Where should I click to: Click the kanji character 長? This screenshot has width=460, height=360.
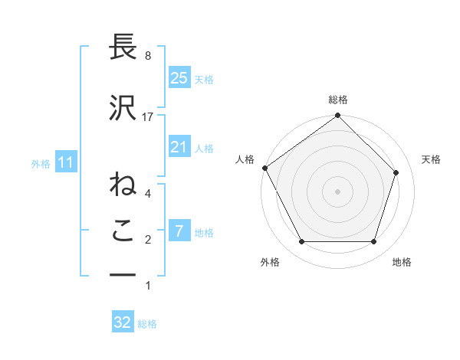tap(123, 47)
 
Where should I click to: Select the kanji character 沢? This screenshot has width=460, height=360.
tap(123, 108)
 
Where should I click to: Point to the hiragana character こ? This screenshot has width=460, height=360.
tap(123, 231)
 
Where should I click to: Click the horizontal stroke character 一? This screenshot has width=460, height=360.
tap(123, 274)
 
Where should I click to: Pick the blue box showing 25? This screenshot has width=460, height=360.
tap(179, 77)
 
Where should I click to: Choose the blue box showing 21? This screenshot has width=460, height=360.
tap(179, 147)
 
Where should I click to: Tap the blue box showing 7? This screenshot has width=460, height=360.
tap(179, 231)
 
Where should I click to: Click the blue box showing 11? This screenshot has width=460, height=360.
tap(66, 162)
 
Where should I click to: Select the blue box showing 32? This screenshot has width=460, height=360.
tap(123, 322)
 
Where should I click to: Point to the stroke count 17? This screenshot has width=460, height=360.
tap(148, 116)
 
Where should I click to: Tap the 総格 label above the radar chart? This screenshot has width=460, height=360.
tap(338, 100)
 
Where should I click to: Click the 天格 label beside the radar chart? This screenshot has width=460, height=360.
tap(431, 159)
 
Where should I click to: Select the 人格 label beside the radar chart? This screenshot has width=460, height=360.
tap(245, 159)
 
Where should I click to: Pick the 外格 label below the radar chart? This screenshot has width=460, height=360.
tap(270, 262)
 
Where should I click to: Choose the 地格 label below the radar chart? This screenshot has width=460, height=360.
tap(402, 262)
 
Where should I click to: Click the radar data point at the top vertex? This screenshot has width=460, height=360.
tap(338, 116)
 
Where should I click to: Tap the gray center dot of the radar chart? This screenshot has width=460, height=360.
tap(338, 191)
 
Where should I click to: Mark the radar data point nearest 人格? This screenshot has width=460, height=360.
tap(265, 168)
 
